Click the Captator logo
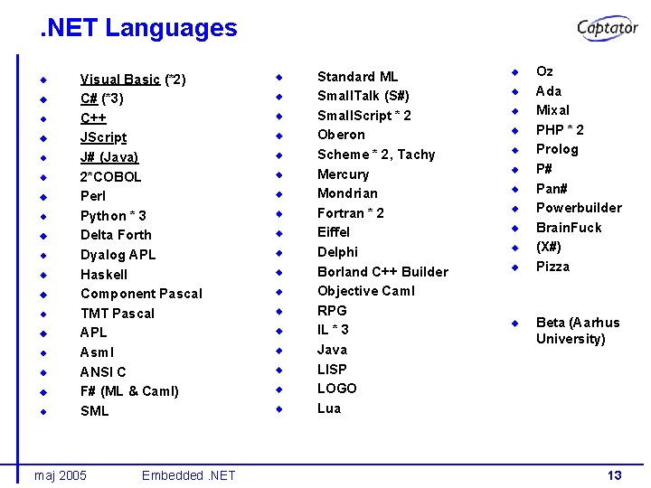[608, 28]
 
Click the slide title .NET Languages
[138, 28]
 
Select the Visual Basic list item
[133, 80]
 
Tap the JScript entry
[103, 137]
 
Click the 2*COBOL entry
[110, 176]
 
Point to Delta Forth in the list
[116, 235]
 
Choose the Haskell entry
[104, 274]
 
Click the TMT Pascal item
[118, 313]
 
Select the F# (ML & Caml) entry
[129, 390]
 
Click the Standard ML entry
[357, 77]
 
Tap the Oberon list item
[341, 135]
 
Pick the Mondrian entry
[347, 193]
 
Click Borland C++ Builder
[382, 271]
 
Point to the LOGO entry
[336, 388]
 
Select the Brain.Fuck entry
[569, 227]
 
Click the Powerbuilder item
[579, 208]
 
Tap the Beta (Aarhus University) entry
[578, 331]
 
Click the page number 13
[614, 475]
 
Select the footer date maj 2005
[60, 475]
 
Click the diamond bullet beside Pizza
[514, 267]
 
